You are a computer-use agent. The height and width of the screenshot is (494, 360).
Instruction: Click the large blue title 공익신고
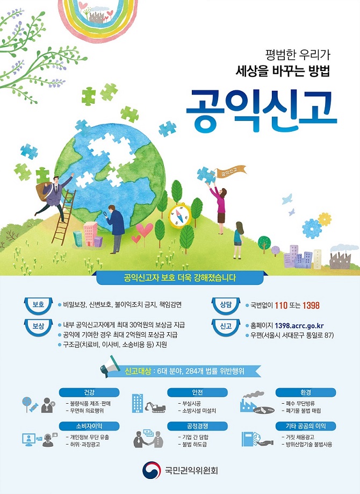pyautogui.click(x=262, y=111)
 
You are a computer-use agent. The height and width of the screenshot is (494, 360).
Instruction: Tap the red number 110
pyautogui.click(x=281, y=305)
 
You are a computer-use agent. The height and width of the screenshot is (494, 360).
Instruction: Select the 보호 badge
pyautogui.click(x=39, y=305)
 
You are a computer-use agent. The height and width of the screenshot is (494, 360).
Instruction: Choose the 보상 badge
pyautogui.click(x=39, y=326)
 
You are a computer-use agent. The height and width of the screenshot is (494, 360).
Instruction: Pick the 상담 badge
pyautogui.click(x=226, y=305)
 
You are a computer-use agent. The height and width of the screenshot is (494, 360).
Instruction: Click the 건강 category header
pyautogui.click(x=89, y=392)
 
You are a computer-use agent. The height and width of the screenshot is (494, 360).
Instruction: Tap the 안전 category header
pyautogui.click(x=197, y=392)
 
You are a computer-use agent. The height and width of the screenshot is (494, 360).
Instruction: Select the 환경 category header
pyautogui.click(x=306, y=392)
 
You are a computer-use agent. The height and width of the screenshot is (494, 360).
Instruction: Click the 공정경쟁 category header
pyautogui.click(x=197, y=426)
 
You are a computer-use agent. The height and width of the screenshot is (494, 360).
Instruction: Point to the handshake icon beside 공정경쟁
pyautogui.click(x=148, y=438)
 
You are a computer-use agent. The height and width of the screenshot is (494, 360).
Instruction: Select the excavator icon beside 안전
pyautogui.click(x=155, y=407)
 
